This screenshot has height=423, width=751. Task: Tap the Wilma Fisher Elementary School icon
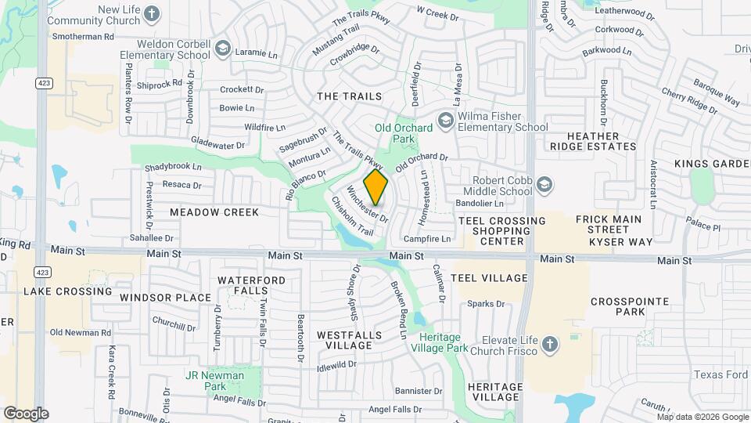[x=446, y=120]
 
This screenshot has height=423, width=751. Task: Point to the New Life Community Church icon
[x=152, y=13]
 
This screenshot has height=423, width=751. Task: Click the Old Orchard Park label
[x=404, y=133]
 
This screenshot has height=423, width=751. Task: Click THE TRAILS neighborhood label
[x=349, y=96]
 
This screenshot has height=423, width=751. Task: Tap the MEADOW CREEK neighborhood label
[x=214, y=212]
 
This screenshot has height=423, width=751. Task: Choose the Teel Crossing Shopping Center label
[x=502, y=231]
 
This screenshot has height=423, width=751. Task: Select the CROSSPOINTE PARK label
[x=630, y=306]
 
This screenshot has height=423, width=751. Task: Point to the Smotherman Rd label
[x=82, y=36]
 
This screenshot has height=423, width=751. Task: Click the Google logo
[x=26, y=414]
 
